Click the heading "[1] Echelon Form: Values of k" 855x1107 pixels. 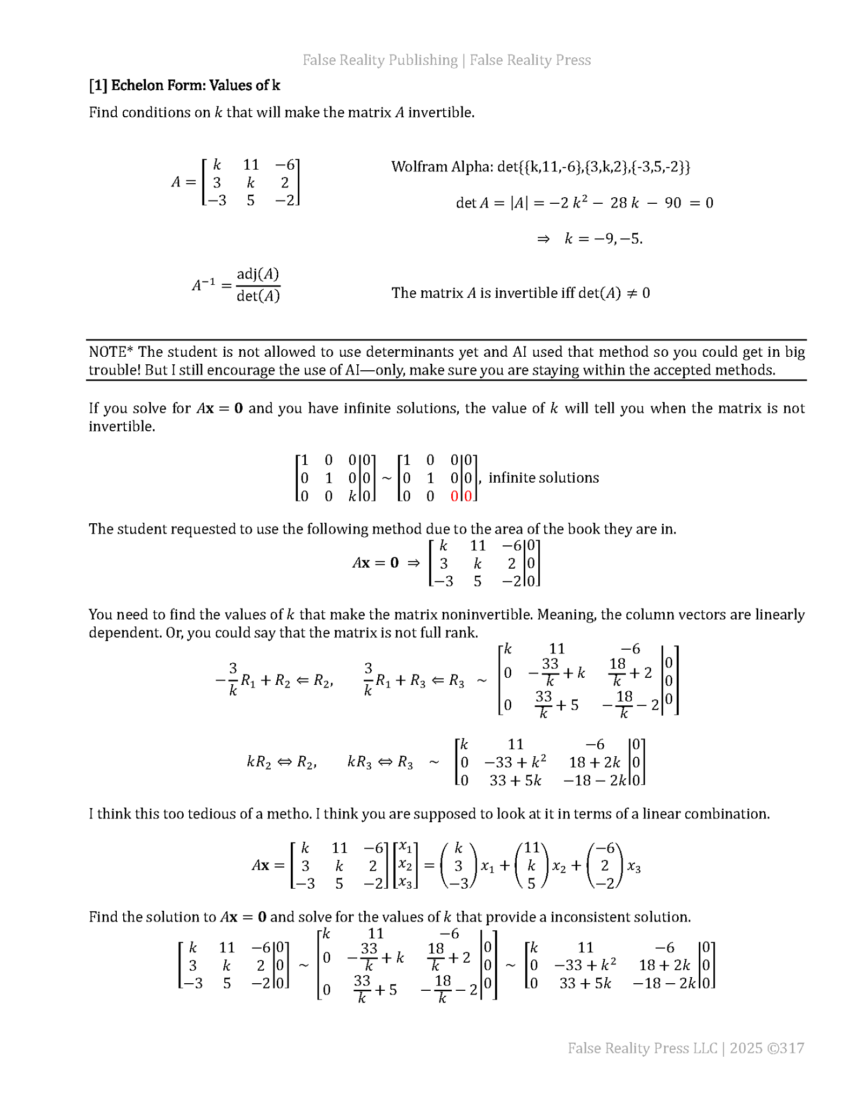[184, 85]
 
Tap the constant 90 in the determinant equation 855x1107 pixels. [673, 203]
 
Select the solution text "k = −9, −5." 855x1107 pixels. [603, 239]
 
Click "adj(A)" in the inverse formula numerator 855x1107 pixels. [258, 274]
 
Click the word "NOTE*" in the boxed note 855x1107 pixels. [111, 352]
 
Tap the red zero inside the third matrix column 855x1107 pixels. [455, 496]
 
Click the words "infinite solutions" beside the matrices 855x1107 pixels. [544, 478]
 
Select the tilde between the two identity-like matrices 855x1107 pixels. [386, 478]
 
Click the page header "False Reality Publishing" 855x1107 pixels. [380, 60]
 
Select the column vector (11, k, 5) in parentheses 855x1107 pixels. [531, 866]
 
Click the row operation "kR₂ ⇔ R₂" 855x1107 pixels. [282, 763]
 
